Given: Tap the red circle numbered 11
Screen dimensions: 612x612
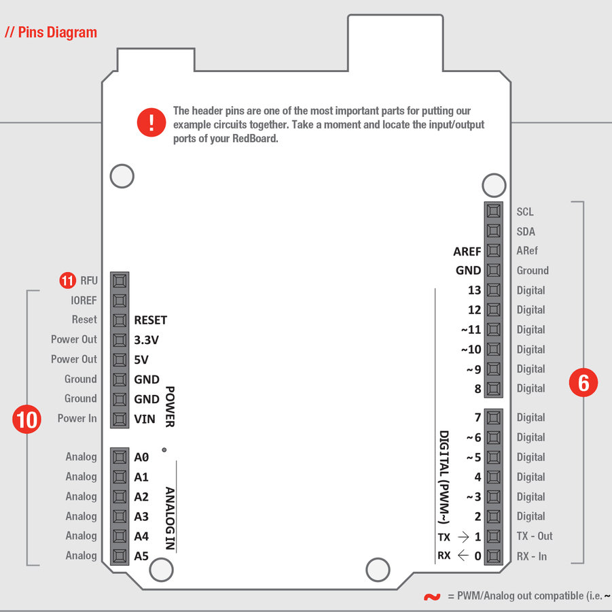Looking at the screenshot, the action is click(x=67, y=279).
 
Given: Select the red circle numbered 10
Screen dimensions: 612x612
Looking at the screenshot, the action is click(x=27, y=419).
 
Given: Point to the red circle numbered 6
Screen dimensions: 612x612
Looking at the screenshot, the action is click(x=583, y=383).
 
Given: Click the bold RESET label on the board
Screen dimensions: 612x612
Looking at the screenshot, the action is click(x=150, y=320).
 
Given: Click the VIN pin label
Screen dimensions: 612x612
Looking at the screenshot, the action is click(x=145, y=419).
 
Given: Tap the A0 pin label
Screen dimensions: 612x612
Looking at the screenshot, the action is click(x=141, y=458).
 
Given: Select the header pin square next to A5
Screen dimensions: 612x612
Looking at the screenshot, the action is click(x=120, y=556).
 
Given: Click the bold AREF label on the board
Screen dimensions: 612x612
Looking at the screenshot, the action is click(x=467, y=251).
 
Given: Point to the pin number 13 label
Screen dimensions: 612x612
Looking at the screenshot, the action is click(x=474, y=290).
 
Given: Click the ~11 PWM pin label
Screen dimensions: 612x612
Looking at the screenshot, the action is click(x=471, y=330).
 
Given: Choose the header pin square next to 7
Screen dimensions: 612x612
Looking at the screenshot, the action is click(x=494, y=418).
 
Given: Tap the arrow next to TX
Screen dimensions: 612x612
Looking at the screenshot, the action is click(x=464, y=537).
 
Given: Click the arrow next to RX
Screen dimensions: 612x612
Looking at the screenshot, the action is click(x=463, y=556).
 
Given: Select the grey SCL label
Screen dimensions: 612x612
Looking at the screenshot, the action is click(x=525, y=212).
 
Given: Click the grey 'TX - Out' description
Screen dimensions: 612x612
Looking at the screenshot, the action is click(x=535, y=536).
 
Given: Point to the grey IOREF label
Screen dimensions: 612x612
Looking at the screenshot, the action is click(x=84, y=300).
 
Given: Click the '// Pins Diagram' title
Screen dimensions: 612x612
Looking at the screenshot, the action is click(x=51, y=32).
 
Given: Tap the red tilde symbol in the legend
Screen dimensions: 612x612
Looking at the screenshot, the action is click(x=431, y=597).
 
